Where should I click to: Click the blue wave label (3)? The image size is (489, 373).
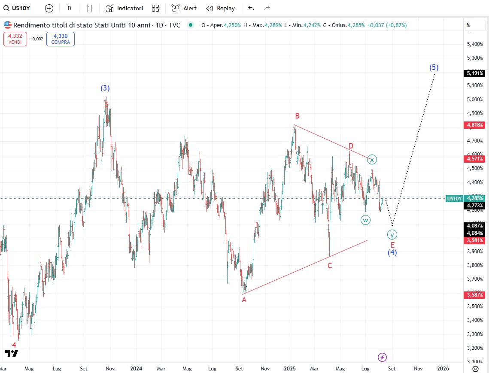click(105, 88)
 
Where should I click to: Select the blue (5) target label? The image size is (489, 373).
click(434, 67)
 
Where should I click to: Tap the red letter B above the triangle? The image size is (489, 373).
click(297, 115)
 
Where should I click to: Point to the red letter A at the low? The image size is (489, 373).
click(244, 300)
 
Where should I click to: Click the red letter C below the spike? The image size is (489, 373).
click(330, 266)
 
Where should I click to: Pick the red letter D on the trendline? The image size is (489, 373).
click(351, 146)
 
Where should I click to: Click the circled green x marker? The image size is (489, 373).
click(372, 160)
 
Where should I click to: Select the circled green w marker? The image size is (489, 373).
click(365, 220)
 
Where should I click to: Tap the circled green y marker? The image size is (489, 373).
click(392, 234)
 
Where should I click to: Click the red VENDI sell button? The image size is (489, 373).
click(15, 39)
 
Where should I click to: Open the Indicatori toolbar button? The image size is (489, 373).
click(125, 8)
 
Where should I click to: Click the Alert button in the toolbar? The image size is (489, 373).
click(184, 8)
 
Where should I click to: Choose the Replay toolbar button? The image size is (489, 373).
click(221, 8)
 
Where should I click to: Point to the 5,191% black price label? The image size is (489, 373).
click(475, 73)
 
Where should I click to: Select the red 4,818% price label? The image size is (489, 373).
click(475, 125)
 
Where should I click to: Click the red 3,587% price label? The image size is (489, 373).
click(475, 294)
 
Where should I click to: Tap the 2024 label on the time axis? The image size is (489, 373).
click(136, 368)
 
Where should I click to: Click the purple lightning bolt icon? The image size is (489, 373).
click(382, 357)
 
